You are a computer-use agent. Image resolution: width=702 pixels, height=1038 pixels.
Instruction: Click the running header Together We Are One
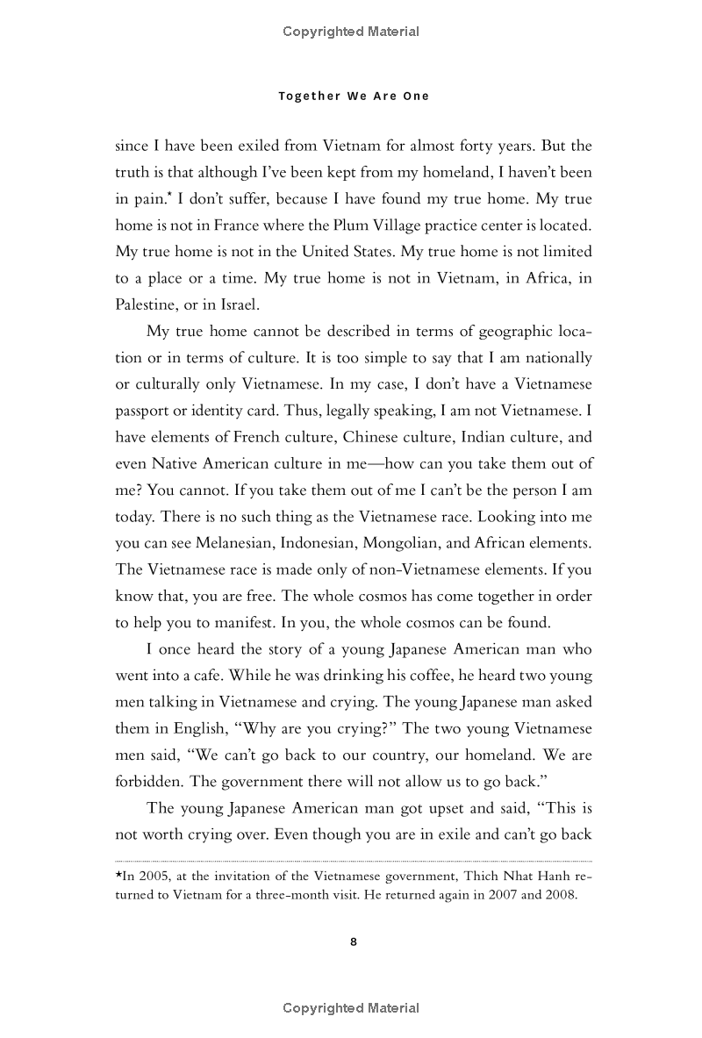(x=354, y=97)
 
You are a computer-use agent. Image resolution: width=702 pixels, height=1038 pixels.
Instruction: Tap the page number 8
(x=353, y=941)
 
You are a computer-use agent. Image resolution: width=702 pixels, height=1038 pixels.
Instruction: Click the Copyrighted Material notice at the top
(x=351, y=32)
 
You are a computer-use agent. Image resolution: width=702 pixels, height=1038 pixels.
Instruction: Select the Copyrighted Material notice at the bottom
(x=351, y=1008)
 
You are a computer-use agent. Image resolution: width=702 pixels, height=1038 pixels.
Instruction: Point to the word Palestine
(x=145, y=306)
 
